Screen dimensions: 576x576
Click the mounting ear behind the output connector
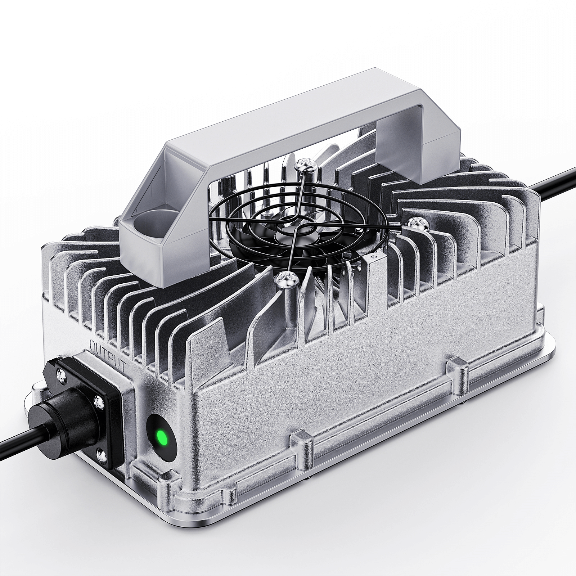pyautogui.click(x=34, y=391)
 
